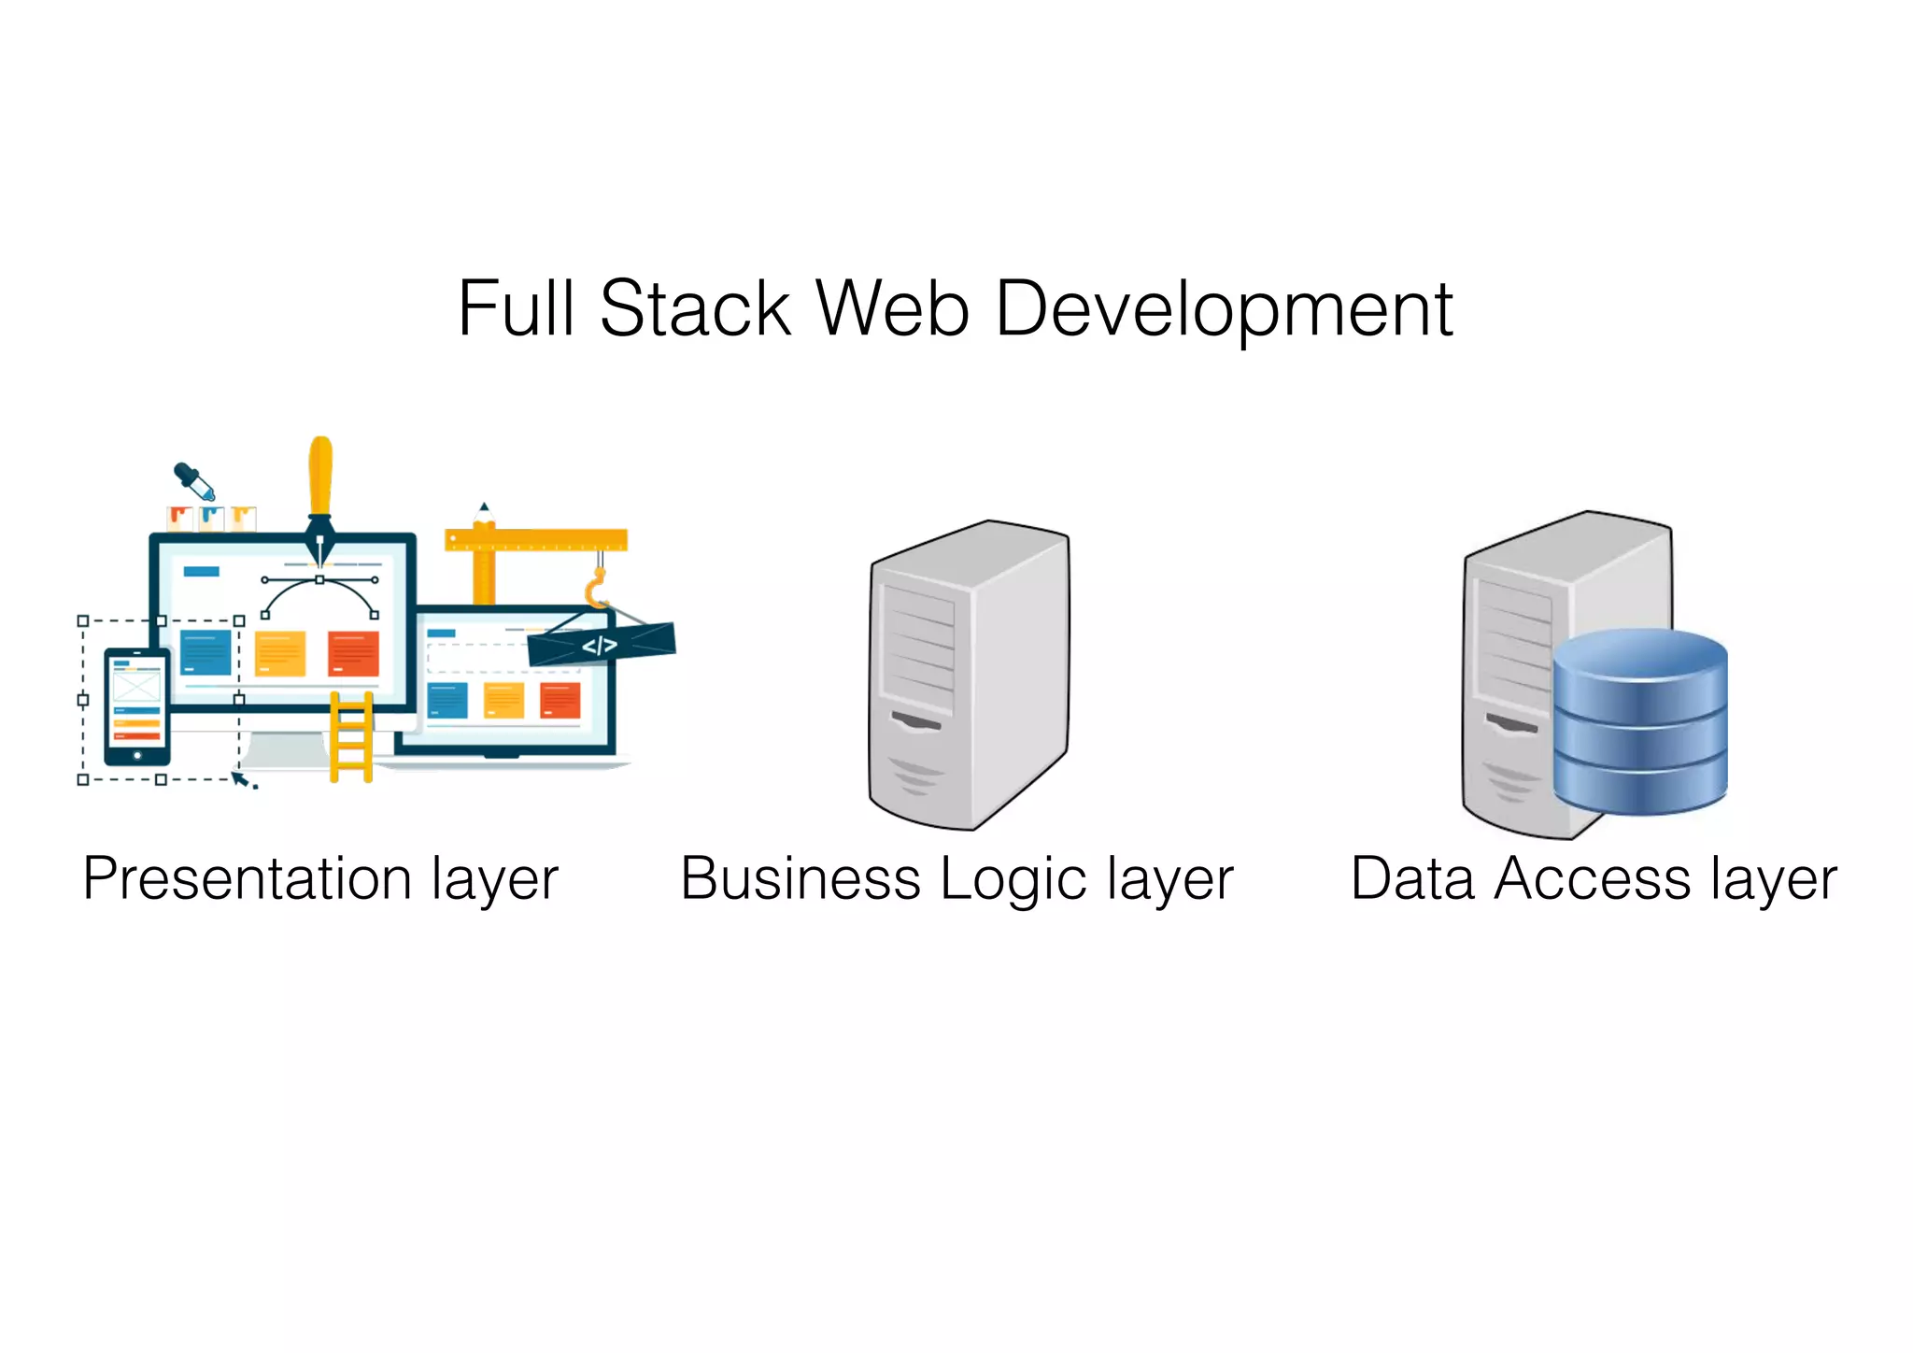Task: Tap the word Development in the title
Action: coord(1224,310)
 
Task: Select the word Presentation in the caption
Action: coord(247,879)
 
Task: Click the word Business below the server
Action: coord(801,879)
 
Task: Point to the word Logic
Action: coord(1014,881)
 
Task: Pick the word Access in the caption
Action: coord(1592,879)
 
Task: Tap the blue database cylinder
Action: coord(1640,721)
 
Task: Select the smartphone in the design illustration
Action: coord(137,706)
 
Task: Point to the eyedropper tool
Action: coord(194,481)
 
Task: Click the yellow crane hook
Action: coord(595,591)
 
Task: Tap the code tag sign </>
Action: coord(600,645)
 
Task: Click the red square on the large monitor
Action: coord(353,653)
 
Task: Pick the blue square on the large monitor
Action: coord(205,652)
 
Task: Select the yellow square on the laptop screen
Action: coord(503,700)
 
